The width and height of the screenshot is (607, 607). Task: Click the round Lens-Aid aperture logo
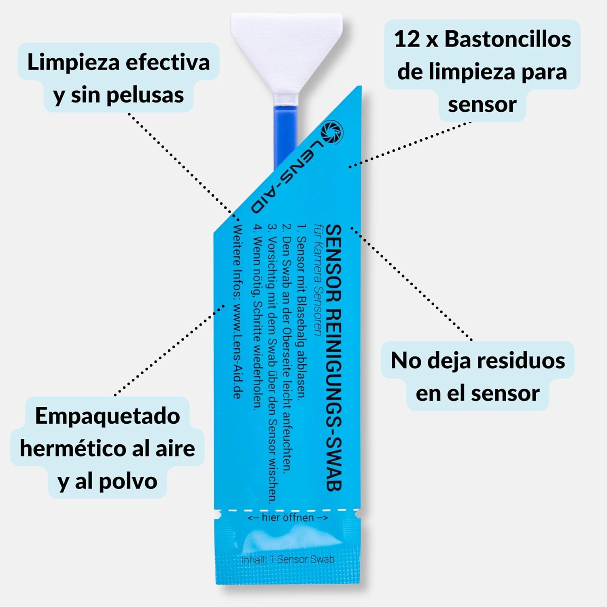pos(332,132)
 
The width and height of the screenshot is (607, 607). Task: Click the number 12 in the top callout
pos(407,39)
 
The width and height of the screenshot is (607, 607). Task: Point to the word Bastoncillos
pos(507,39)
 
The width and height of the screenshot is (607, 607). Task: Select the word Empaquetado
pos(107,416)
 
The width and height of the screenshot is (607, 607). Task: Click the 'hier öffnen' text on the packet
pos(287,518)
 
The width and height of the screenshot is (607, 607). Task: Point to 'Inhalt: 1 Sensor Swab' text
pos(288,560)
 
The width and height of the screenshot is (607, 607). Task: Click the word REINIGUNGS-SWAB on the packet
pos(334,401)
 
